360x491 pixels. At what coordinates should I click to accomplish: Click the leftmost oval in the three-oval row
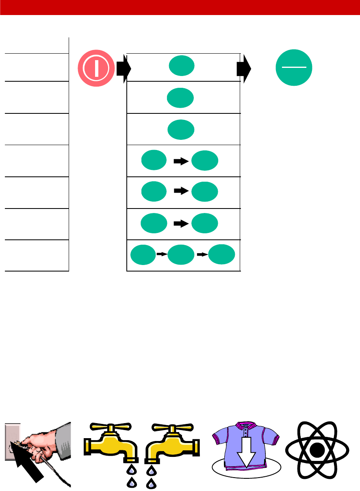[143, 255]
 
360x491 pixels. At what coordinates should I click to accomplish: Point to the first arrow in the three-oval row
[162, 254]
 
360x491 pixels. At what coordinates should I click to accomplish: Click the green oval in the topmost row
[182, 66]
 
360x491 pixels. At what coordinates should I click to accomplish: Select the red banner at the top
[180, 7]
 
